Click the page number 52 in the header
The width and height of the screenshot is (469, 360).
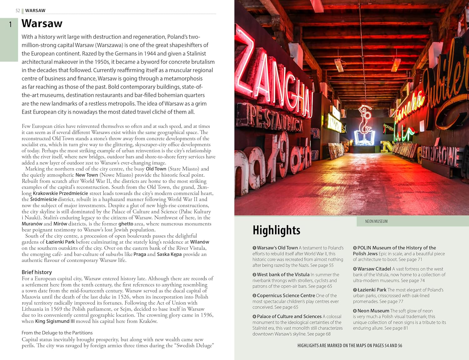click(18, 11)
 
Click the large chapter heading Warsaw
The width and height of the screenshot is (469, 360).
click(42, 23)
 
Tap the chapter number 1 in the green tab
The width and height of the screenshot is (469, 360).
click(10, 24)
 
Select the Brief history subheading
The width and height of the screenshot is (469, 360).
click(37, 272)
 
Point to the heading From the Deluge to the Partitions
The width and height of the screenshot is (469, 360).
click(57, 333)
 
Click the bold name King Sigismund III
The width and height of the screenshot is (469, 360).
click(55, 321)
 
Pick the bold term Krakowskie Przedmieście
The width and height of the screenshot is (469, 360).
click(60, 193)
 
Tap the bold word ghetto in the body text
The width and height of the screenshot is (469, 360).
click(126, 224)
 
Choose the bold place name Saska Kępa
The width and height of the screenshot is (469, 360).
click(169, 254)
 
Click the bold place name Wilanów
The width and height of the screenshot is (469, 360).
click(199, 242)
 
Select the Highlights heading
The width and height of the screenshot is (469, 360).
click(276, 230)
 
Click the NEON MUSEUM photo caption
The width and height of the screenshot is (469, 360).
click(376, 221)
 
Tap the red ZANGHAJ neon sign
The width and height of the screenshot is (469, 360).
click(275, 78)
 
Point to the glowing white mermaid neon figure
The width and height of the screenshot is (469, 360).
click(364, 125)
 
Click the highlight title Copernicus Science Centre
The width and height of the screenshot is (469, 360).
click(286, 296)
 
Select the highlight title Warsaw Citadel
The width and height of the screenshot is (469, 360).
click(374, 269)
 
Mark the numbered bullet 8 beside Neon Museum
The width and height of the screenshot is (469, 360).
click(355, 311)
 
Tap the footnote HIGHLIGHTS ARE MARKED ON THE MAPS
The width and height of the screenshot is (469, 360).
click(350, 346)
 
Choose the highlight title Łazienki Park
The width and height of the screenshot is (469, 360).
click(372, 290)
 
